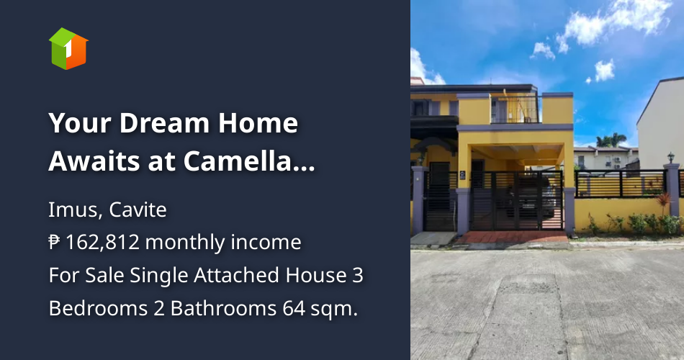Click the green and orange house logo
click(68, 48)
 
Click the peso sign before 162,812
click(55, 243)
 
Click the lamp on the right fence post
click(671, 158)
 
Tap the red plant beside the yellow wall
click(662, 201)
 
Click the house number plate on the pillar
click(476, 174)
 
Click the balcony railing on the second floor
click(515, 109)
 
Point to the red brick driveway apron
click(504, 237)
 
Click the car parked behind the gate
click(544, 198)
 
